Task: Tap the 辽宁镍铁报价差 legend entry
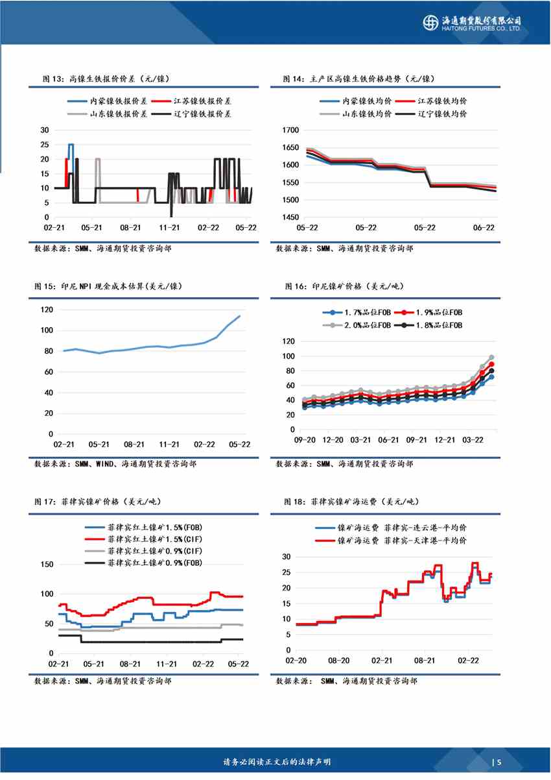click(x=202, y=114)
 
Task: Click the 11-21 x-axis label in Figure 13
click(x=169, y=228)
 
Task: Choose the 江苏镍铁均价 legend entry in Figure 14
click(x=443, y=101)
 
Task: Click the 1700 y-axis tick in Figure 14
click(x=290, y=130)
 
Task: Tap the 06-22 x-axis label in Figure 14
click(x=484, y=228)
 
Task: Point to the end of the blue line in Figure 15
click(x=240, y=316)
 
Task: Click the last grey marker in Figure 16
click(x=491, y=358)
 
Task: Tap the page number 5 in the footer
click(x=500, y=762)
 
